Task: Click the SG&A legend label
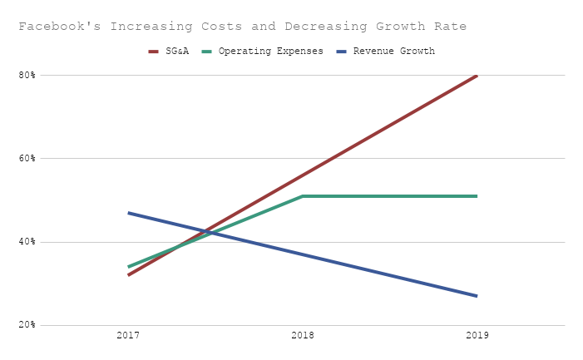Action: point(176,52)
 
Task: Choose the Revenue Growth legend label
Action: point(393,52)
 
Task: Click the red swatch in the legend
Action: point(154,52)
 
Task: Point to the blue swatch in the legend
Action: point(342,52)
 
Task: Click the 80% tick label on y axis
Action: point(27,75)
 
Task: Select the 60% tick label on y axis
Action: point(27,158)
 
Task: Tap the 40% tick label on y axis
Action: point(27,242)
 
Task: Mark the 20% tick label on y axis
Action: point(27,325)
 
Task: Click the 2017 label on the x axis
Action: point(128,336)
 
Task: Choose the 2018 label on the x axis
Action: point(303,336)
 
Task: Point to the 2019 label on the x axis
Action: point(477,336)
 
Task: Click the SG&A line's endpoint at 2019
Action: point(477,75)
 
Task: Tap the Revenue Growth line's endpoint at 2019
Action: point(477,296)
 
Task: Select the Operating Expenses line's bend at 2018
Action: point(303,196)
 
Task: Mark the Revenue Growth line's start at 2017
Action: point(128,213)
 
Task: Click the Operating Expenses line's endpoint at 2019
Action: point(477,196)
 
